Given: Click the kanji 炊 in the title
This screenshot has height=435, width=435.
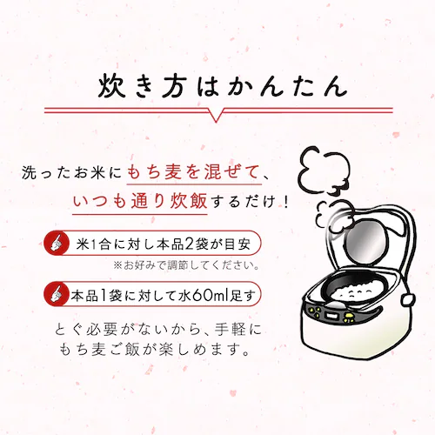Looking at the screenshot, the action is pyautogui.click(x=112, y=86).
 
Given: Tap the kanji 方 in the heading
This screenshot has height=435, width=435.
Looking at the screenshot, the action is pyautogui.click(x=174, y=86).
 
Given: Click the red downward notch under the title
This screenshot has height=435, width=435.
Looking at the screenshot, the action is pyautogui.click(x=216, y=116).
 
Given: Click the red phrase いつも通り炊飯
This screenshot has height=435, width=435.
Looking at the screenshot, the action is pyautogui.click(x=140, y=201).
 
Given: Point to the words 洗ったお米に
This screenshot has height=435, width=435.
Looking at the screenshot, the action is pyautogui.click(x=72, y=173).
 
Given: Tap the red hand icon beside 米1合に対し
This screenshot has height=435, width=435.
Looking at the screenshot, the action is pyautogui.click(x=57, y=243).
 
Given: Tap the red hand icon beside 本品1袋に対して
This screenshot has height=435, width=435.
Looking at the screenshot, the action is pyautogui.click(x=57, y=294).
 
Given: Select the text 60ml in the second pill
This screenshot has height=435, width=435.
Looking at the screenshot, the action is pyautogui.click(x=211, y=295).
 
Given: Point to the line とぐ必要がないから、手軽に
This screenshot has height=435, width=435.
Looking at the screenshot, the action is pyautogui.click(x=158, y=330).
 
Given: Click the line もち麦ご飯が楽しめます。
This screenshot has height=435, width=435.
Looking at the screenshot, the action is pyautogui.click(x=154, y=351).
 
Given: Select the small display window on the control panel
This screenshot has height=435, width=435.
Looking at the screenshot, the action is pyautogui.click(x=331, y=315).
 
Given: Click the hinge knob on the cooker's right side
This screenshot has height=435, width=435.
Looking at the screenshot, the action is pyautogui.click(x=408, y=300).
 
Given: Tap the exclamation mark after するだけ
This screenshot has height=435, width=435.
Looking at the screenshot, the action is pyautogui.click(x=286, y=201).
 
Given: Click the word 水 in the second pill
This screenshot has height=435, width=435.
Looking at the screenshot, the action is pyautogui.click(x=184, y=295).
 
